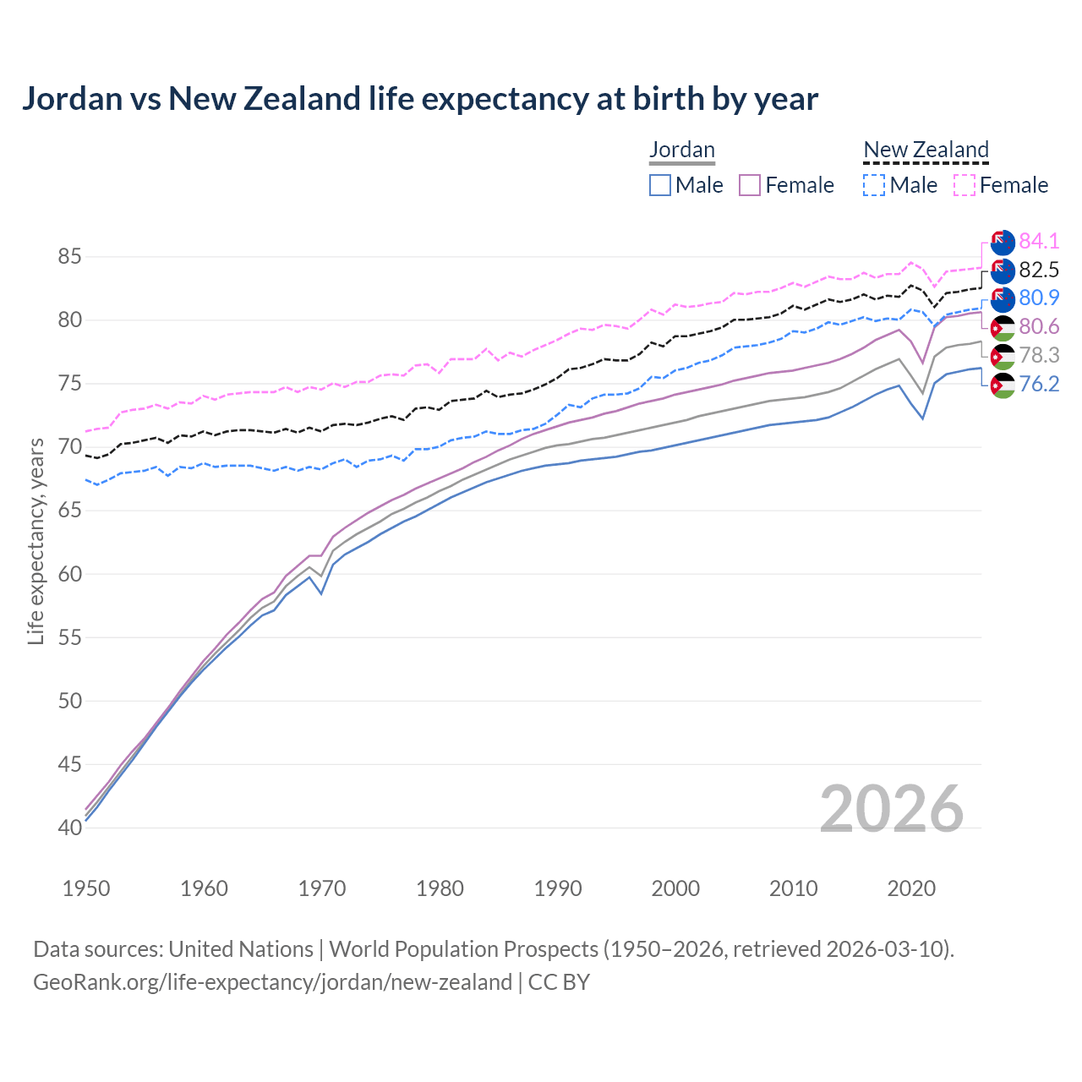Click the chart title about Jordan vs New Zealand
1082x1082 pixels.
click(x=420, y=99)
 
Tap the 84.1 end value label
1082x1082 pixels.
click(x=1039, y=241)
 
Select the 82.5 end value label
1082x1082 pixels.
click(x=1039, y=270)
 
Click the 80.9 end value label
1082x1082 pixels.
click(x=1039, y=298)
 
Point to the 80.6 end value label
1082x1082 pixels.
click(x=1039, y=326)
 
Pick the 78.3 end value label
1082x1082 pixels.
click(x=1039, y=355)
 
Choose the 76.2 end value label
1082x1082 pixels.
click(x=1039, y=384)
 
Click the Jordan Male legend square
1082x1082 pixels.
click(x=660, y=185)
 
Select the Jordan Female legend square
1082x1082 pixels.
click(x=750, y=185)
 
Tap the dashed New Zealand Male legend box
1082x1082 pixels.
click(x=874, y=185)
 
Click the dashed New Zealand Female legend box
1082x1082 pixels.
click(x=965, y=185)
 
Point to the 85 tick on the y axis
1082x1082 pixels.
click(x=69, y=256)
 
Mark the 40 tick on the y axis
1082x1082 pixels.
click(x=69, y=828)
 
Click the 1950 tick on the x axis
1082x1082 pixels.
click(x=86, y=888)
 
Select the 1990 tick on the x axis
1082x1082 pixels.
click(x=558, y=888)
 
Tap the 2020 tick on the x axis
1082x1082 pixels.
click(x=911, y=888)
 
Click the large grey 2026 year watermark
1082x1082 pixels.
click(x=892, y=809)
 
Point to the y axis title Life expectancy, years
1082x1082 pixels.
click(x=36, y=541)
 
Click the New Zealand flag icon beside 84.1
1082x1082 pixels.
click(x=1002, y=242)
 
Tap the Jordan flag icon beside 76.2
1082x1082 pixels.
click(x=1002, y=385)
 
